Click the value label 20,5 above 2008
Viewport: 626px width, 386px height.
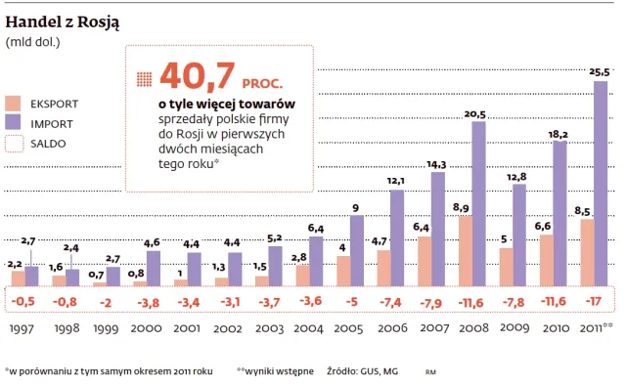pyautogui.click(x=476, y=113)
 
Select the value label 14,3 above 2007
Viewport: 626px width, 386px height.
pyautogui.click(x=436, y=164)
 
